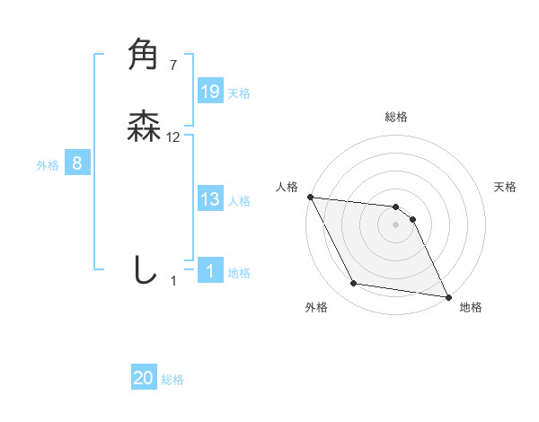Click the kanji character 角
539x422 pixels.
[144, 55]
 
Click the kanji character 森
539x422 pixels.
[144, 127]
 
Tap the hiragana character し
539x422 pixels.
[144, 269]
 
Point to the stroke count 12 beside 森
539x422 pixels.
[173, 137]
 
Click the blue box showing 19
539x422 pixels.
[210, 92]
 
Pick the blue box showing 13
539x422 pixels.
[210, 199]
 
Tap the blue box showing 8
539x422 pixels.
[77, 163]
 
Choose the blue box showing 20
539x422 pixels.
[144, 379]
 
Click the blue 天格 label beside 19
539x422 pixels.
[239, 93]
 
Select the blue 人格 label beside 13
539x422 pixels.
[239, 201]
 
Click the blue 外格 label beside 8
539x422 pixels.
[48, 165]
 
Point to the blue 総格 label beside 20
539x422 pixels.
[172, 381]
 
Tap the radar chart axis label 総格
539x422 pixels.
[396, 117]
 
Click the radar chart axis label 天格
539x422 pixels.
[506, 187]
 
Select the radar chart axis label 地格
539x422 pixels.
[471, 308]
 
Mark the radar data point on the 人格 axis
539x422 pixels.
[310, 197]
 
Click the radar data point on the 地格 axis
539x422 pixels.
[448, 296]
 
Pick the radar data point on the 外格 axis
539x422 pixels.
[354, 285]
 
